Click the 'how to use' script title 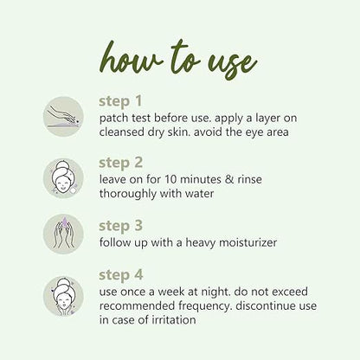[178, 61]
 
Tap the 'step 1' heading [120, 101]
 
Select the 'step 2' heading [120, 164]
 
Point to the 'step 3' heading [120, 226]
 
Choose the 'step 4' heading [121, 275]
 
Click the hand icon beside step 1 [63, 117]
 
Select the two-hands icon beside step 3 [63, 234]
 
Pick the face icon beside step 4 [63, 296]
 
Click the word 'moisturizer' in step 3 [248, 242]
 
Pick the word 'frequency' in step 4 [204, 306]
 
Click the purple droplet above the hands [66, 223]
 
